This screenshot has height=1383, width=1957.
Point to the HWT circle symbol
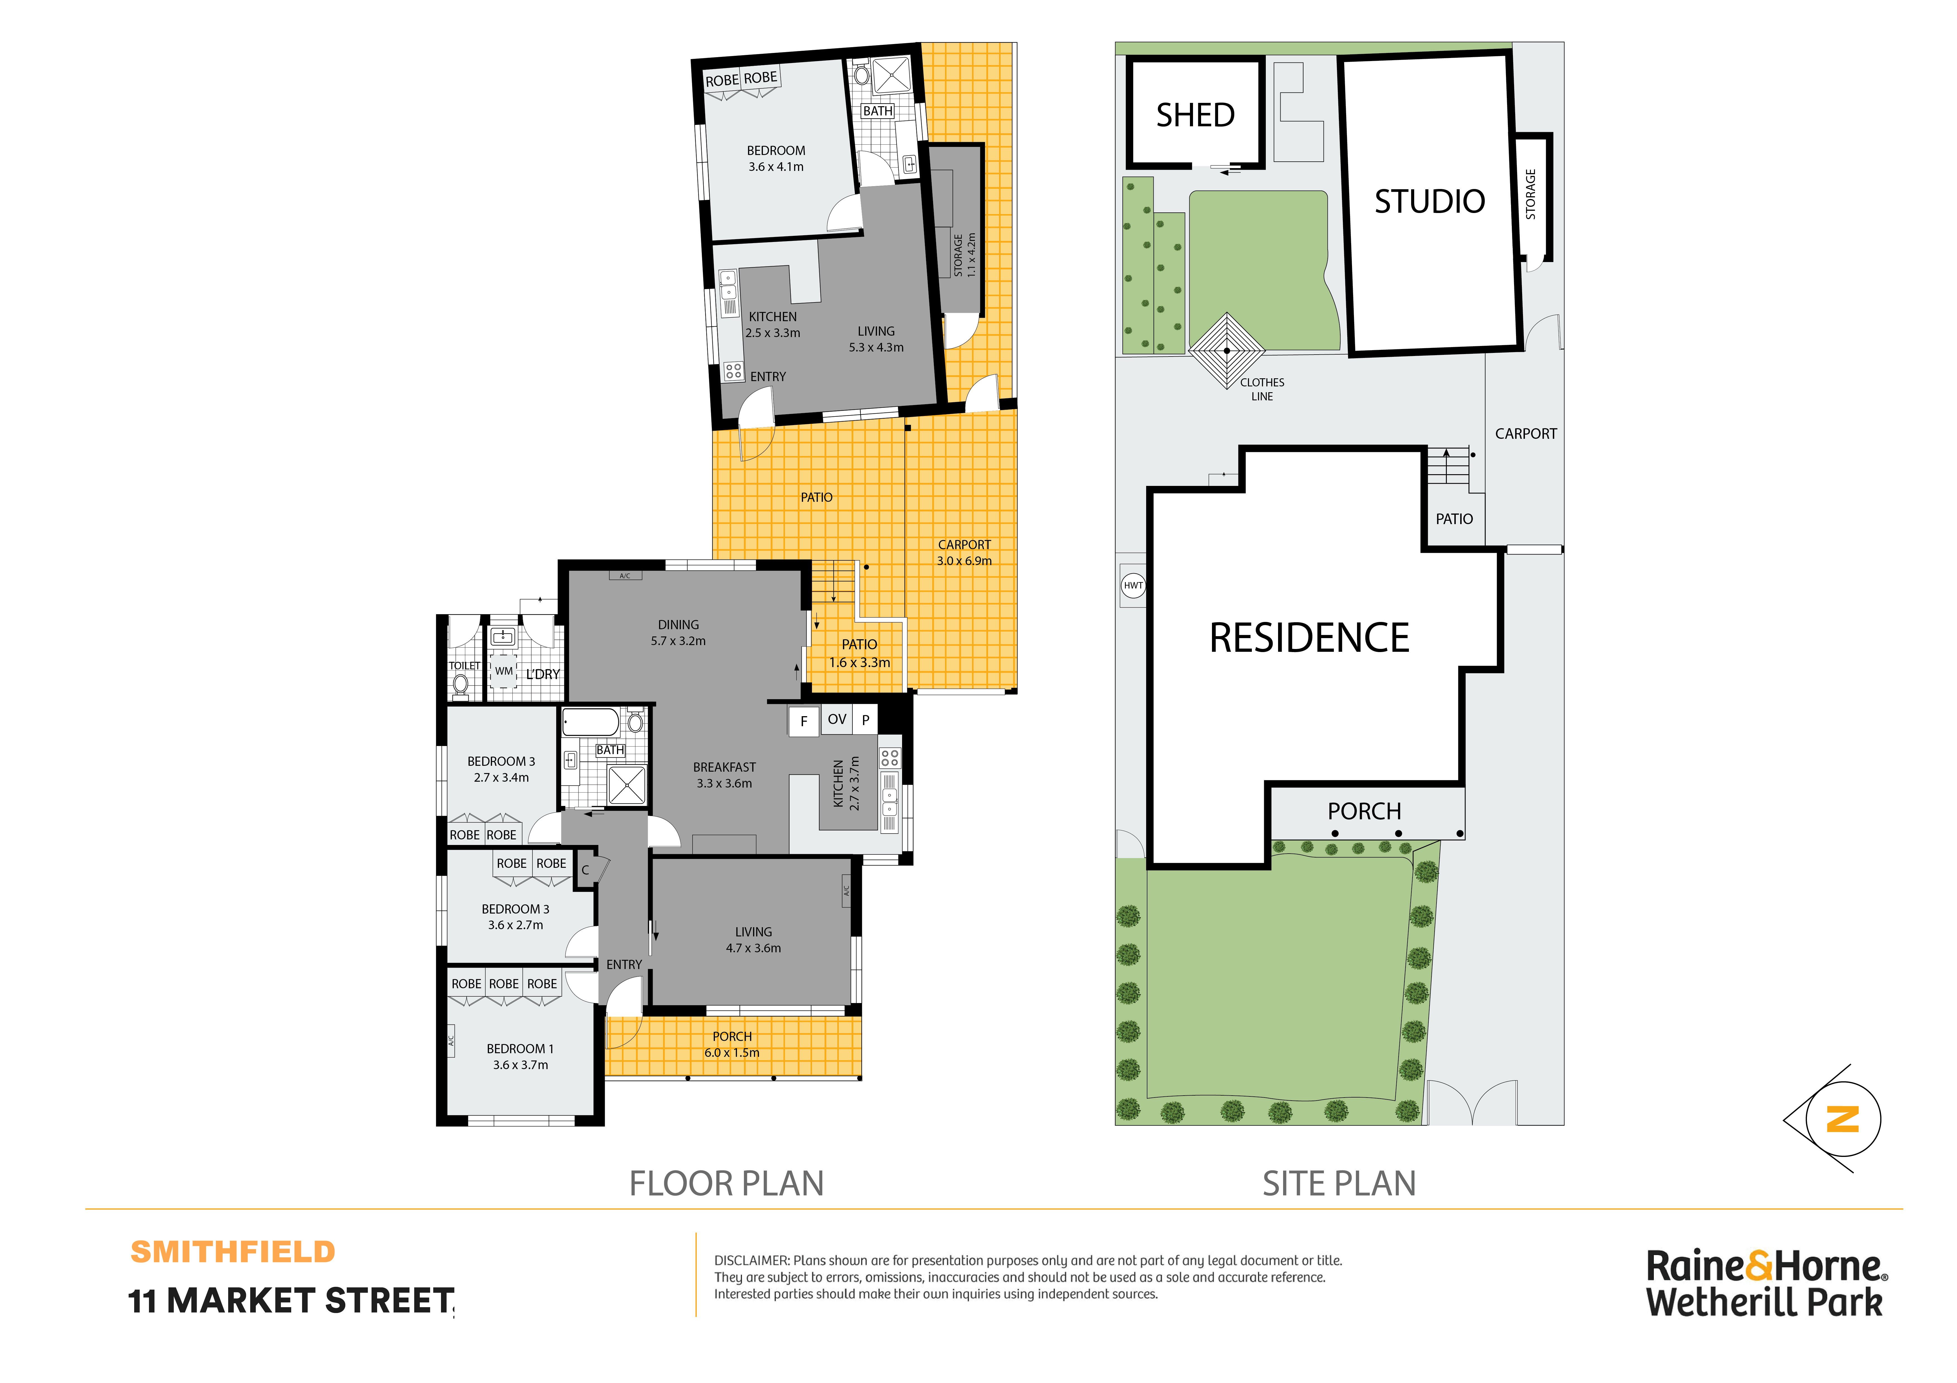pyautogui.click(x=1133, y=585)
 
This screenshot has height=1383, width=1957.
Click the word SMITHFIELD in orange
pyautogui.click(x=233, y=1252)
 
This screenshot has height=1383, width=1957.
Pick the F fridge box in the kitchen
pyautogui.click(x=803, y=721)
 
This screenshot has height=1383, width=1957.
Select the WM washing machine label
pyautogui.click(x=504, y=672)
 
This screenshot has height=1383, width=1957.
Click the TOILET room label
pyautogui.click(x=464, y=665)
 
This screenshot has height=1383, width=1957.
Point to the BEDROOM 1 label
pyautogui.click(x=520, y=1049)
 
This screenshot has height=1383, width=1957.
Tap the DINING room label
pyautogui.click(x=678, y=625)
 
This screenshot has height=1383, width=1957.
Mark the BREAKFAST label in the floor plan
pyautogui.click(x=724, y=767)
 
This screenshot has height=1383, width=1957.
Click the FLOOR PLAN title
pyautogui.click(x=726, y=1184)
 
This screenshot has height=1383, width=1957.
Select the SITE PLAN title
pyautogui.click(x=1339, y=1184)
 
